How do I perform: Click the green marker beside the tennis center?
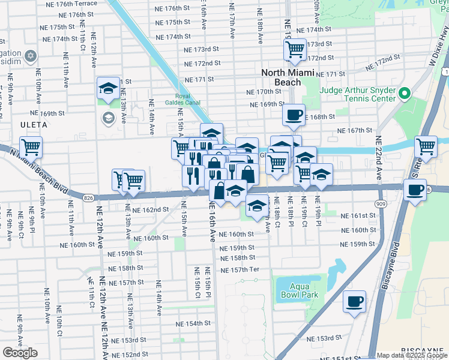[404, 94]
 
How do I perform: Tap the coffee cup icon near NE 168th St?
[294, 115]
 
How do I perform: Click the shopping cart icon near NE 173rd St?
[294, 50]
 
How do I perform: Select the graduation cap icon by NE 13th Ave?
[108, 88]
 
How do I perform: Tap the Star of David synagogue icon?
[31, 58]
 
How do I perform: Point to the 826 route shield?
[88, 197]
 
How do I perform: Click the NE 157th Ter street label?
[240, 269]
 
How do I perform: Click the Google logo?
[20, 353]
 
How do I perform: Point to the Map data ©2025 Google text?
[411, 355]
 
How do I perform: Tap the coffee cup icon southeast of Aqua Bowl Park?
[354, 301]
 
